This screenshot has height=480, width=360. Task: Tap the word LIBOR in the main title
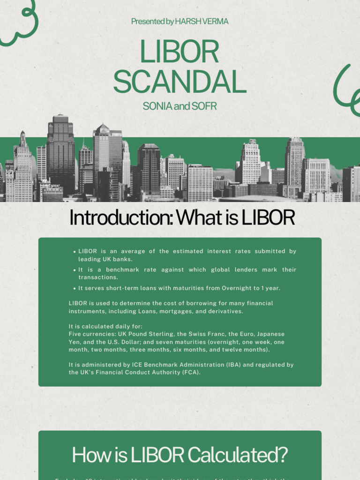(180, 52)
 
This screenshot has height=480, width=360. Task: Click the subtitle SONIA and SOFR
(180, 106)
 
